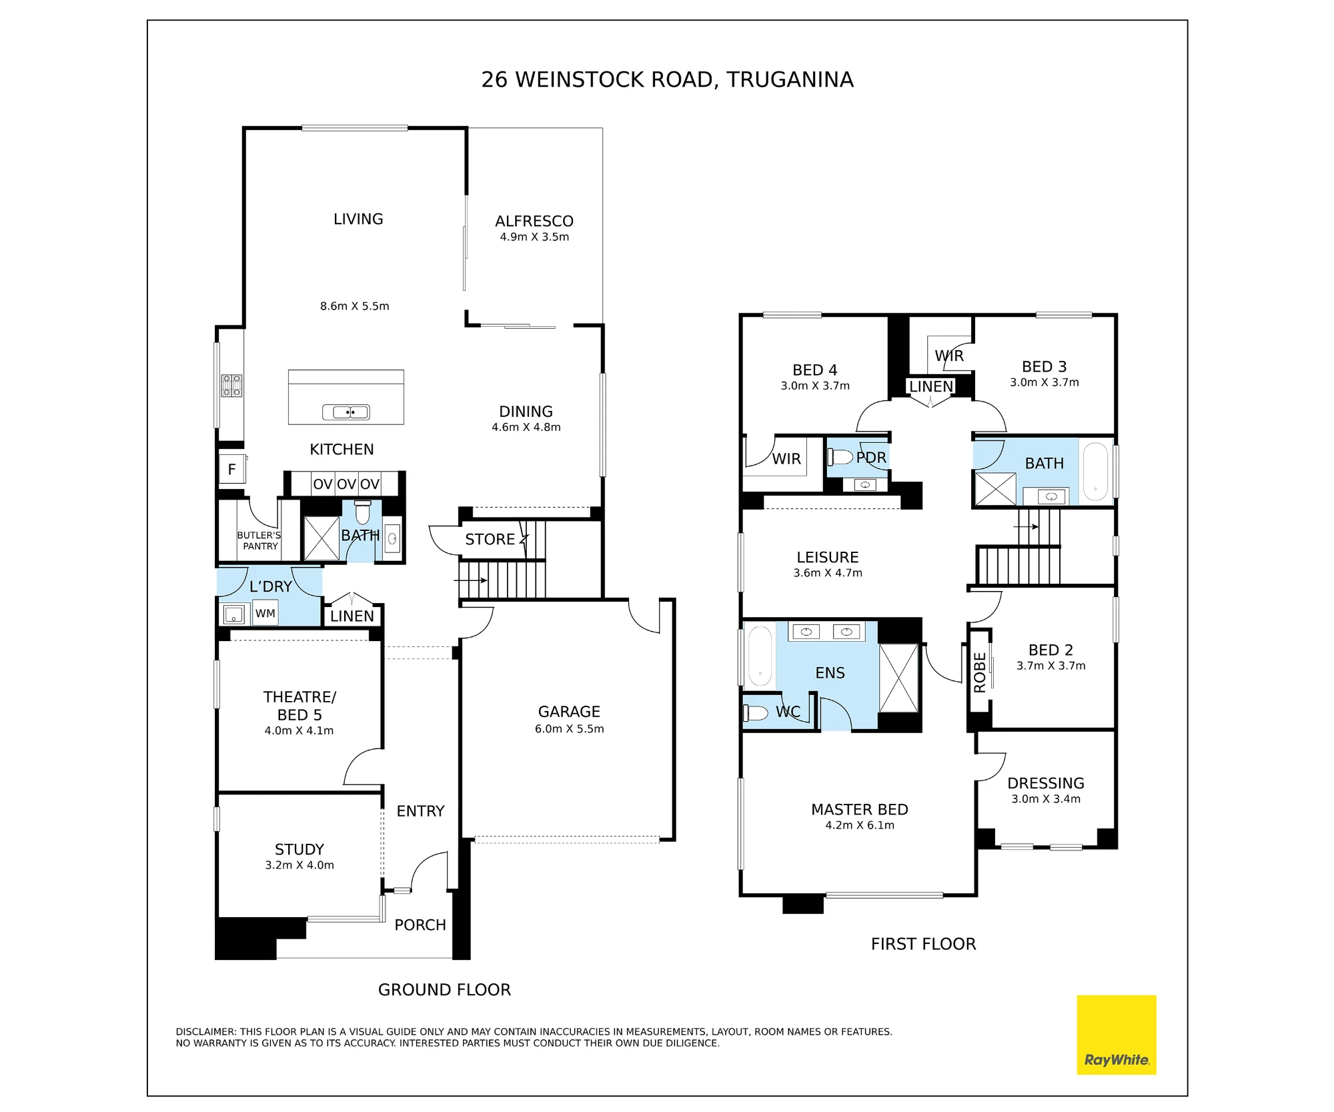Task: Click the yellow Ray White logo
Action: [1116, 1035]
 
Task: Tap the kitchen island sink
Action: [346, 412]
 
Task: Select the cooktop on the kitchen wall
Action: [232, 386]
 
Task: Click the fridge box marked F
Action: [232, 469]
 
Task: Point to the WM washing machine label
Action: [265, 613]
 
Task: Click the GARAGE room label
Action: [569, 712]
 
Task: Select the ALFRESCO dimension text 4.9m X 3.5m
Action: [534, 237]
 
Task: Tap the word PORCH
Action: [420, 925]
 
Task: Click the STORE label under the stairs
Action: [490, 539]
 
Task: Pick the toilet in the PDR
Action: [840, 457]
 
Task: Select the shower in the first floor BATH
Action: [995, 488]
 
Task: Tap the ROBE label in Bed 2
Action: [980, 672]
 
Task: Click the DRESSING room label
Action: [1046, 783]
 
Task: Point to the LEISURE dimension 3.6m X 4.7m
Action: [828, 573]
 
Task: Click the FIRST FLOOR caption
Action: [923, 944]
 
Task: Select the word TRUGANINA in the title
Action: [790, 79]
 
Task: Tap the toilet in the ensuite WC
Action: [756, 713]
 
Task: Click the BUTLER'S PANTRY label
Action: [259, 540]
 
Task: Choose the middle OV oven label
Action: [346, 484]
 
